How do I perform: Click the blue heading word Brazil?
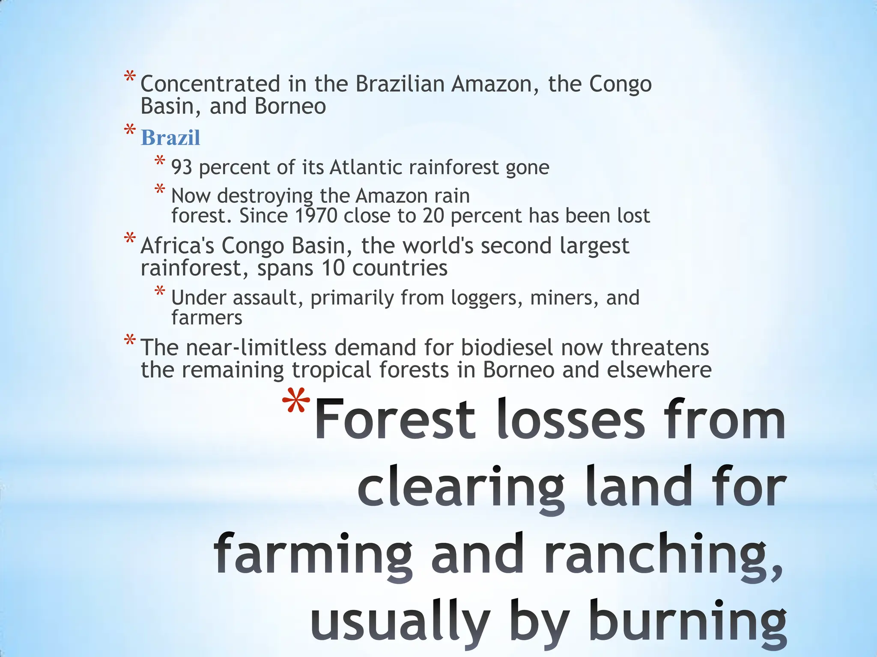point(170,138)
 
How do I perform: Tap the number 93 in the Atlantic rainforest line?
point(182,167)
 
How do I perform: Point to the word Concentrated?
point(210,84)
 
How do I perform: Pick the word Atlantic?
point(365,167)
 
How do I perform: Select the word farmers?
point(207,318)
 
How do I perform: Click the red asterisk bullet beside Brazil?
point(130,131)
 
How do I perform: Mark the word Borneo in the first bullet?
point(290,106)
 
